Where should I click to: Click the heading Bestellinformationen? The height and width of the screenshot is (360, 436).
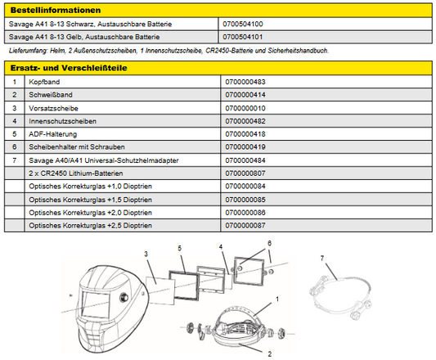pyautogui.click(x=56, y=11)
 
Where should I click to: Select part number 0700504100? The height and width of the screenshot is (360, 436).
pyautogui.click(x=243, y=24)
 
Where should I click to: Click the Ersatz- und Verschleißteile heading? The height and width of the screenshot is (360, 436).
pyautogui.click(x=69, y=68)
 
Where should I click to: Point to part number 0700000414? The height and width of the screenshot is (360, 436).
pyautogui.click(x=245, y=95)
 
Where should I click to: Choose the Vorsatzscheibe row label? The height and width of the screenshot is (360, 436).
pyautogui.click(x=53, y=108)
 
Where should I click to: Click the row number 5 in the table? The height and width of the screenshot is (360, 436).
pyautogui.click(x=15, y=134)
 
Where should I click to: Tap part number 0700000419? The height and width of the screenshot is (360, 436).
pyautogui.click(x=245, y=147)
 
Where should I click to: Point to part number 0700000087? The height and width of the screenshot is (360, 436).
pyautogui.click(x=245, y=225)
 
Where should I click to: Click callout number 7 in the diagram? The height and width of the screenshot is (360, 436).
pyautogui.click(x=322, y=259)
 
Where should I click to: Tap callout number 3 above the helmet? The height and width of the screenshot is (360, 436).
pyautogui.click(x=146, y=254)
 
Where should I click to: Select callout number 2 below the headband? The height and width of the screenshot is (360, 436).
pyautogui.click(x=269, y=354)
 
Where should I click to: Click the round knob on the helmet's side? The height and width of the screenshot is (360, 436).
pyautogui.click(x=124, y=297)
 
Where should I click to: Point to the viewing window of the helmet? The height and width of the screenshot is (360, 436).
pyautogui.click(x=96, y=304)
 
